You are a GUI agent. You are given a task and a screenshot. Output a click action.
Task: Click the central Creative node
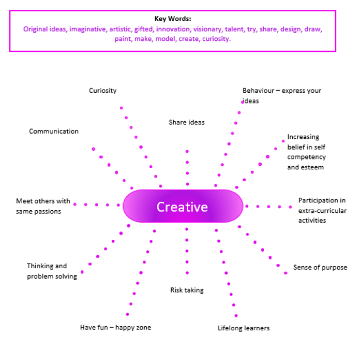[x=183, y=207]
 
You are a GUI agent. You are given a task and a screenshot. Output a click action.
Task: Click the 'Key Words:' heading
[x=172, y=19]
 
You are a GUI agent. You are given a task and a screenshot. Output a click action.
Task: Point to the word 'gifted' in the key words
[x=144, y=29]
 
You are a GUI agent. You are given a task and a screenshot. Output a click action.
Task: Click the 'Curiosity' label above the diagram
[x=102, y=91]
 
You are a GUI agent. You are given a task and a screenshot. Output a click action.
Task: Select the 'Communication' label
[x=54, y=132]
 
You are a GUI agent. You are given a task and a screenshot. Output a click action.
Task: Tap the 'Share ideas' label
[x=187, y=122]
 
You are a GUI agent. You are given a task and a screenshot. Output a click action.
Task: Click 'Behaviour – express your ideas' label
[x=282, y=95]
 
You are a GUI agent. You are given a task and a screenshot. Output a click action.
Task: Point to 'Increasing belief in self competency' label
[x=307, y=152]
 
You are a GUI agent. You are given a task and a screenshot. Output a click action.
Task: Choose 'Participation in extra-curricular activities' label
[x=322, y=210]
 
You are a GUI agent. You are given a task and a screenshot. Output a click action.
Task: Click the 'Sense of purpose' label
[x=320, y=268]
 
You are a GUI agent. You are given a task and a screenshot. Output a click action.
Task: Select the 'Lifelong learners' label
[x=244, y=328]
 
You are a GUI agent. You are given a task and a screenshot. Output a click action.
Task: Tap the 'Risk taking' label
[x=187, y=290]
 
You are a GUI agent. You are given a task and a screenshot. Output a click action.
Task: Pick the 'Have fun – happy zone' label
[x=115, y=327]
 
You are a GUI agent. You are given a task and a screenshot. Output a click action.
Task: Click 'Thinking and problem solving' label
[x=52, y=271]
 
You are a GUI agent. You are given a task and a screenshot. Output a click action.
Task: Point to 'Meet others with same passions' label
[x=43, y=206]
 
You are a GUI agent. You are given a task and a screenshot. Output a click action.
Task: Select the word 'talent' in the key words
[x=234, y=29]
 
